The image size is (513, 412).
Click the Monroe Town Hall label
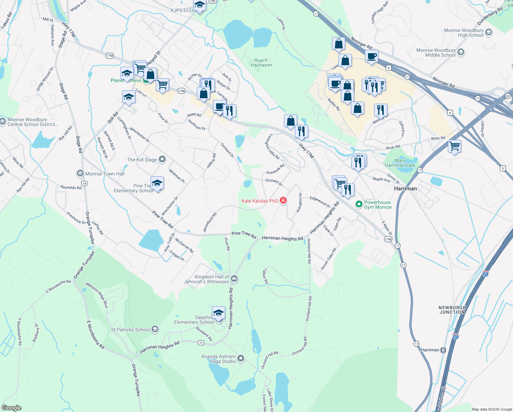pos(105,174)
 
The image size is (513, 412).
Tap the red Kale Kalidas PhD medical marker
pos(283,201)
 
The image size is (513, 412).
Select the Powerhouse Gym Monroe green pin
pos(359,205)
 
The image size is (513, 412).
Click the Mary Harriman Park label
pos(400,163)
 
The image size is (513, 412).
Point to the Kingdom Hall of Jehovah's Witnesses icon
pos(234,278)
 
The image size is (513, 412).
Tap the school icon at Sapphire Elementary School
pos(218,313)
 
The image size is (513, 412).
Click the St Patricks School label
pos(130,330)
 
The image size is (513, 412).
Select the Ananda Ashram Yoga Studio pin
pos(241,358)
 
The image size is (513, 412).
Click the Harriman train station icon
pos(443,350)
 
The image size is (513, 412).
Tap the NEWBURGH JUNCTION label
pos(452,310)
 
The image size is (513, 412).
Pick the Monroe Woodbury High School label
pos(464,33)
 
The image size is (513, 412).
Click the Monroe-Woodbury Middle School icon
pos(461,52)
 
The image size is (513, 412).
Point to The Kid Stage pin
pos(162,159)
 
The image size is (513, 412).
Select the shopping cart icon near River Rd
pos(454,146)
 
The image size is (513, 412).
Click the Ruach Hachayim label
pos(261,62)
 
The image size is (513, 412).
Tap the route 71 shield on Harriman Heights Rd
pos(201,343)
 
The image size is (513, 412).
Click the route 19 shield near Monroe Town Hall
pos(84,184)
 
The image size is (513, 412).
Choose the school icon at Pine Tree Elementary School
pos(157,183)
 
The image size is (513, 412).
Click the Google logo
pos(12,408)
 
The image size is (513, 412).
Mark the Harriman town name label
pos(405,188)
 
